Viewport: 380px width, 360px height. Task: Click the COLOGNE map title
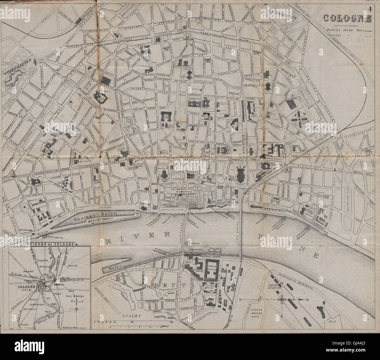tap(347, 18)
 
